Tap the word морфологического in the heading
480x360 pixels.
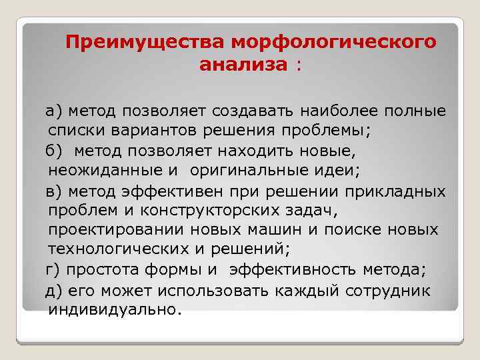point(333,43)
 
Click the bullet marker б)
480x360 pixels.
point(55,151)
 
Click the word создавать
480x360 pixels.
point(255,109)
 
